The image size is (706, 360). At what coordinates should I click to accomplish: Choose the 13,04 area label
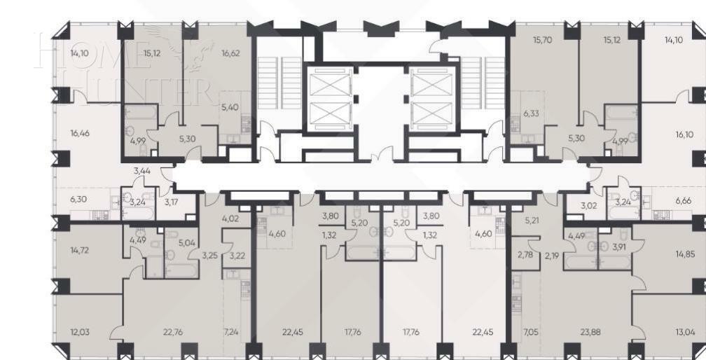point(685,332)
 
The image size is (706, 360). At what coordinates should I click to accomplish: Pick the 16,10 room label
point(684,134)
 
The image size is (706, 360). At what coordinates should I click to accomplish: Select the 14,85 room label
point(685,254)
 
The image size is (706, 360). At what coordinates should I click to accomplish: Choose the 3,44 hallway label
point(142,170)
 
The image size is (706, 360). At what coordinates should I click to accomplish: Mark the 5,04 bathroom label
point(186,243)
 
